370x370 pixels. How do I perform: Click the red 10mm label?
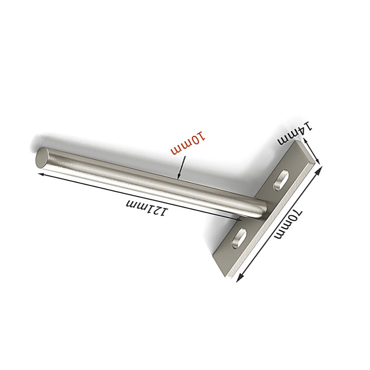coord(188,143)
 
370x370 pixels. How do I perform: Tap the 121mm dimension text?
coord(148,207)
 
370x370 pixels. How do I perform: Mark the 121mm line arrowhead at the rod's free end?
coord(41,174)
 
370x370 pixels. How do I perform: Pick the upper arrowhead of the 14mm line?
coord(305,142)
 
